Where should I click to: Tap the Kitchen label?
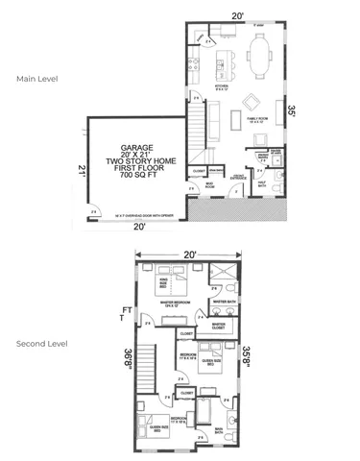220,87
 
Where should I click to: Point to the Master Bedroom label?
174,302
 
